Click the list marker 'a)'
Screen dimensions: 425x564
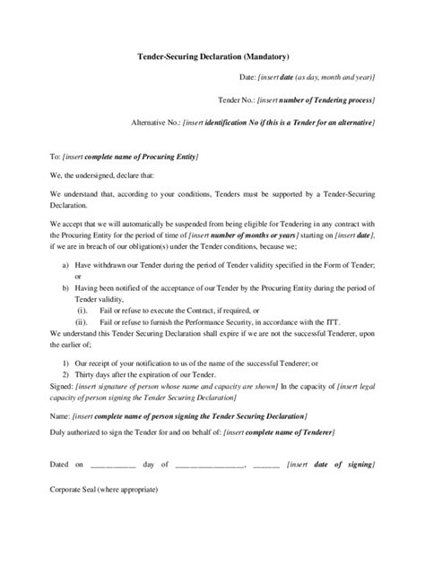pyautogui.click(x=65, y=267)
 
